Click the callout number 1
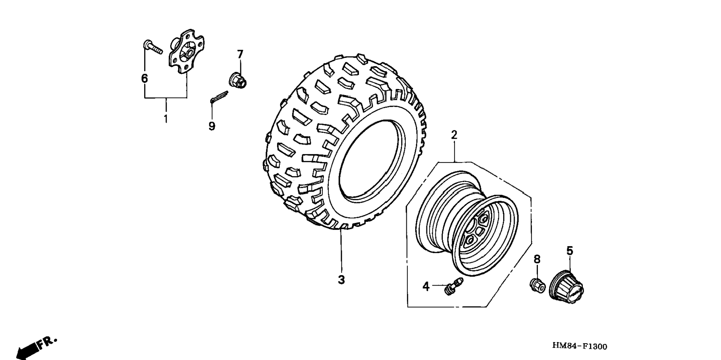coord(165,119)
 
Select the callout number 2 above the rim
coord(454,135)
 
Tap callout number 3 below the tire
coord(341,279)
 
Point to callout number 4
coord(426,287)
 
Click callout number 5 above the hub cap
coord(569,251)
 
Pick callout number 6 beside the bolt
coord(144,79)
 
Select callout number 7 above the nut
coord(240,54)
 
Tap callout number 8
coord(537,259)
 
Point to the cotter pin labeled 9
coord(219,96)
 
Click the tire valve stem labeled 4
coord(454,286)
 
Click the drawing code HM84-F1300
coord(579,347)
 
